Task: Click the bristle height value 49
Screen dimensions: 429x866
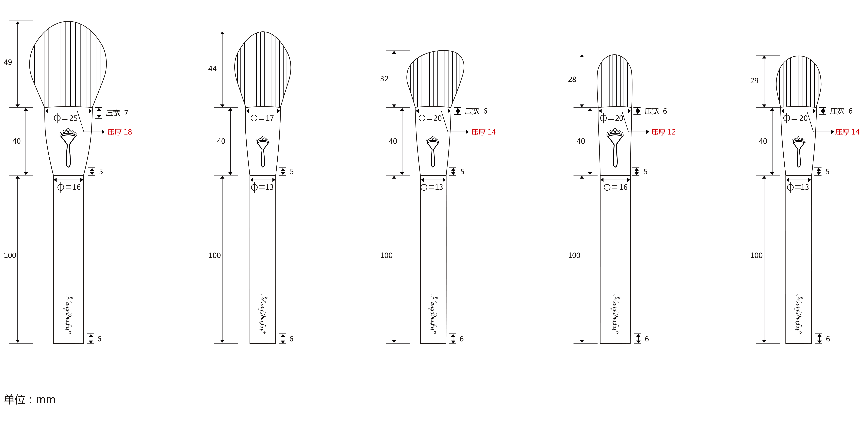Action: (x=8, y=62)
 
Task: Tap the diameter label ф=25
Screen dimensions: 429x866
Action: (x=66, y=118)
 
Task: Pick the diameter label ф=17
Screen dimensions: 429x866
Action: (x=262, y=118)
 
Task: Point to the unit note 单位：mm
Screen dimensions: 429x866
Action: (x=30, y=399)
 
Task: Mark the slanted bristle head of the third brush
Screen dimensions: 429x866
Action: (x=435, y=79)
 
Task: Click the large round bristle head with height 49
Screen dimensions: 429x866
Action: (x=68, y=64)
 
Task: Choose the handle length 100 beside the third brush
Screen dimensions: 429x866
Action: (x=386, y=256)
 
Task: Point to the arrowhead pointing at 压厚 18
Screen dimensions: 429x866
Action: (x=103, y=132)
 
